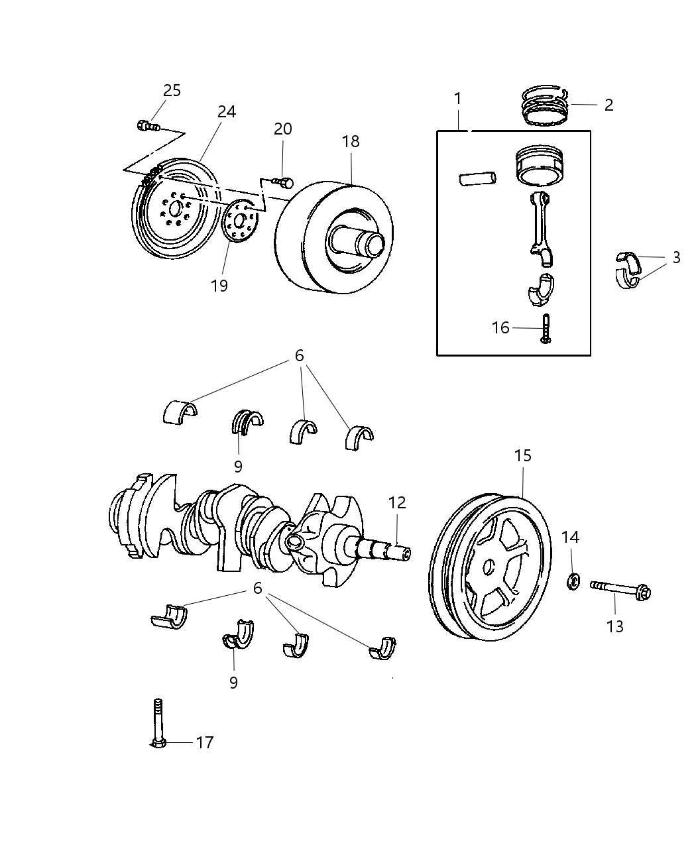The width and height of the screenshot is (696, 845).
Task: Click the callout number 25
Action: pos(172,91)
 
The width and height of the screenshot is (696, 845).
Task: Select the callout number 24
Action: pos(226,112)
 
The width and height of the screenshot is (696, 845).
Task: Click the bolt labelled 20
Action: pos(284,181)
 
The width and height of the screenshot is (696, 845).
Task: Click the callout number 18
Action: pos(351,141)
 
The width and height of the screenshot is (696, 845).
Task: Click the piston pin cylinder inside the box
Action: pos(477,179)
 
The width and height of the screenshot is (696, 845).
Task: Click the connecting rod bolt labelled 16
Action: pos(546,328)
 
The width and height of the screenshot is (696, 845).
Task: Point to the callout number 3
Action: pos(676,258)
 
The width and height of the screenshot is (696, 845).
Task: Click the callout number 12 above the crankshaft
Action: pos(397,503)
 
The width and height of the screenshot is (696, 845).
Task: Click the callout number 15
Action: pos(523,456)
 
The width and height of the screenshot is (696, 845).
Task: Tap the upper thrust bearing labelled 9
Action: pos(247,422)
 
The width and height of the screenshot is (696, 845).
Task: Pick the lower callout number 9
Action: pos(233,683)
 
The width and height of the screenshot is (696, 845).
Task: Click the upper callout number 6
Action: pos(299,356)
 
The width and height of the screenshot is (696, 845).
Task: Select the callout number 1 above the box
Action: pos(457,99)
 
